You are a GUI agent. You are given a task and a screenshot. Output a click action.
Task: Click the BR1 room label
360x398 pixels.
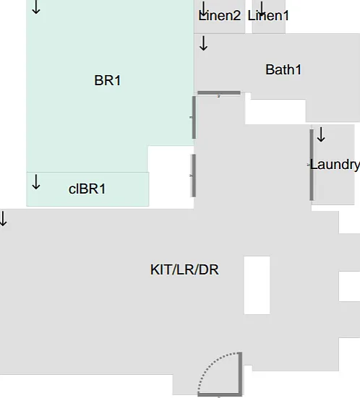[x=108, y=80]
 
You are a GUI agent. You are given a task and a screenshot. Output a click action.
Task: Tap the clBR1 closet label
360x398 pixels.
[x=87, y=189]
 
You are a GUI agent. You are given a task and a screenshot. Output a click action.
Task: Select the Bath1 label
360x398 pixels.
[x=283, y=69]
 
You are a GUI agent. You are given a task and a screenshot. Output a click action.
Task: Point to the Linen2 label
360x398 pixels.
[x=220, y=15]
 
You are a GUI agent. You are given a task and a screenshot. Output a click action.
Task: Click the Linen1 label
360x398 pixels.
[x=268, y=15]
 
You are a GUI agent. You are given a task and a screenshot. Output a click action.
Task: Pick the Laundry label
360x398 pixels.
[x=335, y=165]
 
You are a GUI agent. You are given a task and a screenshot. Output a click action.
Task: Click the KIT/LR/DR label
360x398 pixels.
[x=184, y=269]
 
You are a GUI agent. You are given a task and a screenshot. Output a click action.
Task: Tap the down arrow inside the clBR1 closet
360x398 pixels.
[x=36, y=182]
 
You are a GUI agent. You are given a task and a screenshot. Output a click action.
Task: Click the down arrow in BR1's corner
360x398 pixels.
[x=36, y=7]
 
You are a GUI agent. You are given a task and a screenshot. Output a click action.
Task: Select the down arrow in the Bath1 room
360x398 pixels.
[x=204, y=43]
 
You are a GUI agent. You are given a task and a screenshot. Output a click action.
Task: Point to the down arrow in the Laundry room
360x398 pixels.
[x=321, y=134]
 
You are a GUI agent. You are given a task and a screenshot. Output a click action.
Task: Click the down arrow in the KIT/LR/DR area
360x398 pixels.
[x=3, y=219]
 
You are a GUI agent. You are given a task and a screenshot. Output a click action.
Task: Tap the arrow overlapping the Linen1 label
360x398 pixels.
[x=262, y=9]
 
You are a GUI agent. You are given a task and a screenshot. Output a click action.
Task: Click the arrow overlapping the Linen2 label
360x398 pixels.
[x=204, y=9]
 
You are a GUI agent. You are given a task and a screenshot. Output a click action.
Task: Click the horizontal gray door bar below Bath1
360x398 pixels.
[x=219, y=93]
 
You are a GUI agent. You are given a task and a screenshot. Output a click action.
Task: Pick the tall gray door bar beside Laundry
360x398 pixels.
[x=312, y=165]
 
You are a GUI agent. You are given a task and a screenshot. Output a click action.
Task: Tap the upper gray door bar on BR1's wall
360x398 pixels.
[x=194, y=117]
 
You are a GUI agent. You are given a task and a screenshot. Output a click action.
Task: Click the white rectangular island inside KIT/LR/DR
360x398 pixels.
[x=257, y=285]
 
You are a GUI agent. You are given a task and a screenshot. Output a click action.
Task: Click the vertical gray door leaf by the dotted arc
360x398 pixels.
[x=240, y=373]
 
